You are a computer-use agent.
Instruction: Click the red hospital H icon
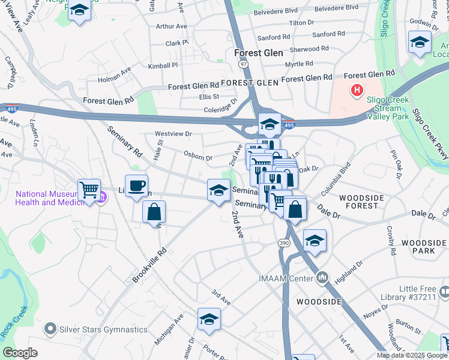[x=357, y=91]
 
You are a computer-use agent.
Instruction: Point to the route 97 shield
[x=243, y=63]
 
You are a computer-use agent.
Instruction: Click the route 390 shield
[x=284, y=242]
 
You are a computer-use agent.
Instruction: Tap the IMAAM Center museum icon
[x=323, y=278]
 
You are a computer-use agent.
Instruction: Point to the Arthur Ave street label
[x=171, y=26]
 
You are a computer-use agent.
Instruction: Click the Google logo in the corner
[x=20, y=353]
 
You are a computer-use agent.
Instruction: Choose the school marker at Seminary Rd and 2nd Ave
[x=218, y=190]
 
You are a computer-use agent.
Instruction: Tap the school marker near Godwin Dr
[x=420, y=42]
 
